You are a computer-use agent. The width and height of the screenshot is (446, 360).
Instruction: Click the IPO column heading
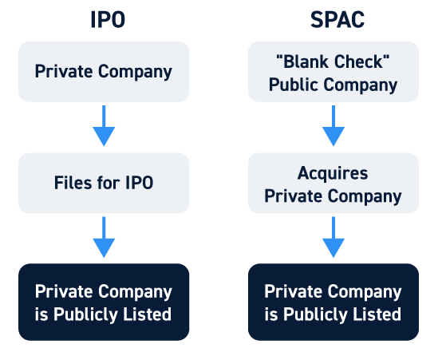click(108, 20)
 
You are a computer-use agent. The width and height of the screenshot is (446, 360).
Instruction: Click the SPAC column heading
click(337, 20)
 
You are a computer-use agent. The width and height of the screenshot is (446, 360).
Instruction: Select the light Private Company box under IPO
click(104, 72)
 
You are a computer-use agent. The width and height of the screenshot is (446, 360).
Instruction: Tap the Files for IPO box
click(104, 183)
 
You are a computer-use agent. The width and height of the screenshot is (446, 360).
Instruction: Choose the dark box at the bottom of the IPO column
click(104, 302)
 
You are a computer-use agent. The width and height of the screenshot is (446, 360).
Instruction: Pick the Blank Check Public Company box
click(334, 72)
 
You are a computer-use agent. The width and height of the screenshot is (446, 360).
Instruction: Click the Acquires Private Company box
click(334, 183)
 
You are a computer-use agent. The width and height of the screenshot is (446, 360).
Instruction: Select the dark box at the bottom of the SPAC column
click(334, 302)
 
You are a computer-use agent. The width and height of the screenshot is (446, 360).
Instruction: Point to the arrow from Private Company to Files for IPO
click(104, 126)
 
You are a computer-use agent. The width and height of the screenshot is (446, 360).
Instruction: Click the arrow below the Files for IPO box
click(104, 237)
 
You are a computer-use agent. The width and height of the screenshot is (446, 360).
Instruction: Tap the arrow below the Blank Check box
click(334, 126)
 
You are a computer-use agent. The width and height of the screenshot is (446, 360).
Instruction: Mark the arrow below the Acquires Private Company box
click(334, 237)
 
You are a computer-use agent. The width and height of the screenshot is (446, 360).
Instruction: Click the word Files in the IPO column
click(73, 183)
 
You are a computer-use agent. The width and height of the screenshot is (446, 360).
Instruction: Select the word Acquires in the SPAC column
click(333, 173)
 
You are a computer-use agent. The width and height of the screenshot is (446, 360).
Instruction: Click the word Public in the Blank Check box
click(294, 85)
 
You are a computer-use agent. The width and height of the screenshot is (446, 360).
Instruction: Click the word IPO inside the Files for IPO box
click(140, 183)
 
